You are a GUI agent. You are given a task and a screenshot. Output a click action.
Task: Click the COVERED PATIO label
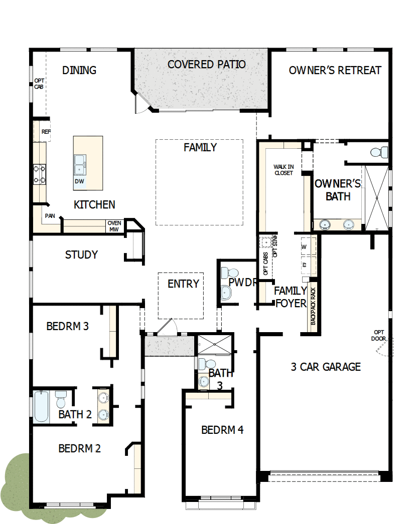click(x=206, y=65)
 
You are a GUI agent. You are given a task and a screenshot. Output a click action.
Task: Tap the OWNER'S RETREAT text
click(x=335, y=71)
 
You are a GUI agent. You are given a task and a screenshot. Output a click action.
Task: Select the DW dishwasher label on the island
click(x=79, y=181)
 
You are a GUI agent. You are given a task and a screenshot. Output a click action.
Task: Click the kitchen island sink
click(x=79, y=163)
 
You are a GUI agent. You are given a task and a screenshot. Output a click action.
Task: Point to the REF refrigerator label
click(x=46, y=132)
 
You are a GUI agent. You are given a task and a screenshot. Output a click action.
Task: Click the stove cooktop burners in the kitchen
click(x=40, y=174)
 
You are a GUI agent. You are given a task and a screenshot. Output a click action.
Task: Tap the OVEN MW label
click(x=114, y=226)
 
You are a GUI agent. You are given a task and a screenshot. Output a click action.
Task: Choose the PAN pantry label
click(x=50, y=216)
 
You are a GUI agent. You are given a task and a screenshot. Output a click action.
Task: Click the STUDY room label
click(x=81, y=255)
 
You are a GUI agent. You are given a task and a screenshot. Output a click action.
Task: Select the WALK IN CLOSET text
click(x=283, y=170)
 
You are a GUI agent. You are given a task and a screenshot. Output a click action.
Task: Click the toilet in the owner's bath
click(x=380, y=151)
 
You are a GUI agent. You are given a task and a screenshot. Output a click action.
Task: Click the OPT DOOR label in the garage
click(x=379, y=335)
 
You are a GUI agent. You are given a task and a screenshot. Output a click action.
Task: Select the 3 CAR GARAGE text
click(x=325, y=367)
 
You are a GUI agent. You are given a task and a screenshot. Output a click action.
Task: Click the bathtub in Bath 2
click(x=42, y=406)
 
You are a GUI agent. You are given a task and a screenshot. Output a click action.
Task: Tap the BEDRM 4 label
click(x=222, y=430)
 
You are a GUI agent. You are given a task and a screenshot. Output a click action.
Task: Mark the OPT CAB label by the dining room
click(x=39, y=84)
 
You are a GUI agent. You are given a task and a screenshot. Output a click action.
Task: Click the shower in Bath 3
click(x=213, y=344)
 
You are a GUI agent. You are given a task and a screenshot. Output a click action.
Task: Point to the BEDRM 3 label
click(x=67, y=327)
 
